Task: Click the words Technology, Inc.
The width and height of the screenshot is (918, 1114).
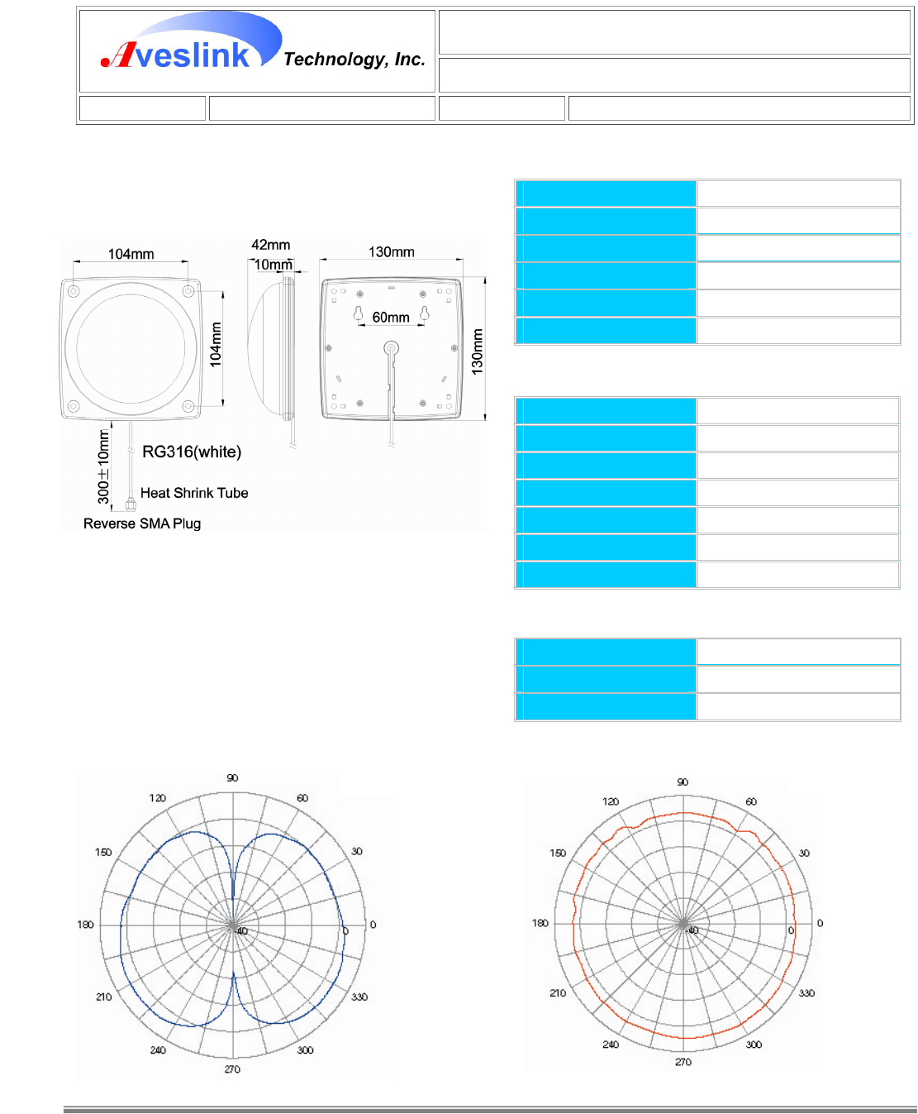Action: [x=354, y=60]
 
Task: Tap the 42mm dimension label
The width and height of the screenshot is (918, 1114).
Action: [x=270, y=245]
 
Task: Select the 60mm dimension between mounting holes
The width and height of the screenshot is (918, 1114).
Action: [x=391, y=318]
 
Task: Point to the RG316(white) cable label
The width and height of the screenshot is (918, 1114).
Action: [x=192, y=452]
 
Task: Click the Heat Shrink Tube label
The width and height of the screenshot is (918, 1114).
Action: [x=194, y=493]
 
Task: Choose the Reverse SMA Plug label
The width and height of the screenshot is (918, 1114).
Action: [x=142, y=524]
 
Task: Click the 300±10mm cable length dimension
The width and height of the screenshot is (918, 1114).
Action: [x=104, y=466]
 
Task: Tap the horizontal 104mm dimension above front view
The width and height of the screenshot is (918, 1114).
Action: [x=131, y=254]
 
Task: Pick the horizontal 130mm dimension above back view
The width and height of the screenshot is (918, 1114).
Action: [x=392, y=251]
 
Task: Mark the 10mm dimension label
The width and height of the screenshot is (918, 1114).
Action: [x=273, y=265]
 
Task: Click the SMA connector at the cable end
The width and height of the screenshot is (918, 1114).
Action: [x=131, y=504]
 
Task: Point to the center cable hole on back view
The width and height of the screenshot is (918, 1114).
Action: [x=391, y=348]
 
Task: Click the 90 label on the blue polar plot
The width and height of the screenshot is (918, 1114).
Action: [x=232, y=778]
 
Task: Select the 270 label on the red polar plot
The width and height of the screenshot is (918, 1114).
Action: [x=683, y=1062]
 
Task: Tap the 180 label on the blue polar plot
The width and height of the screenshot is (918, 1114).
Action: [x=85, y=925]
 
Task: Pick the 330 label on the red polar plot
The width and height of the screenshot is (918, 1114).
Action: [x=806, y=993]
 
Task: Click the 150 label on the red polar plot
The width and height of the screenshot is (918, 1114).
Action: [x=558, y=853]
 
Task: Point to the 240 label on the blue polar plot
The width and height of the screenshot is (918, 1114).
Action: [x=158, y=1050]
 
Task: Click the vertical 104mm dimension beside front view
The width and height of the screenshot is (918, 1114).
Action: [x=216, y=345]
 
